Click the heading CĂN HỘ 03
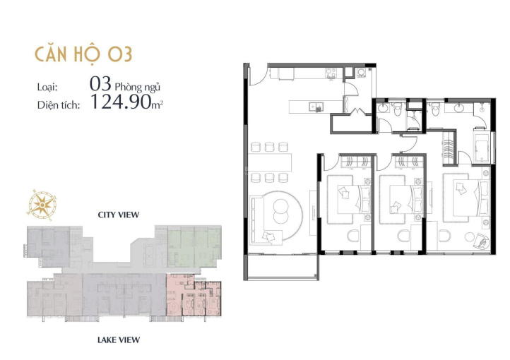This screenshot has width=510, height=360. coord(83,54)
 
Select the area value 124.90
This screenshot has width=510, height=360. coord(121,102)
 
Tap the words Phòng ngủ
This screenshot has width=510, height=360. coord(138,87)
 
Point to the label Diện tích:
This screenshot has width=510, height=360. coord(59,105)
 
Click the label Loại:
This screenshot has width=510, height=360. coord(47,87)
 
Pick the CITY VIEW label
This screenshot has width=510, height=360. coord(119,215)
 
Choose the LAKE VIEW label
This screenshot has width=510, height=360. coord(119,340)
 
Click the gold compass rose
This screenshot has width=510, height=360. coord(42,205)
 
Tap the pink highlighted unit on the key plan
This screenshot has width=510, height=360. coord(194,294)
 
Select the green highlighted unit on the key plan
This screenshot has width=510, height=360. coord(194,248)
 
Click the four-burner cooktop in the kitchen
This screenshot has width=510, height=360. coord(331,73)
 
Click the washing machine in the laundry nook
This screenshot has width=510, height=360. coord(362,73)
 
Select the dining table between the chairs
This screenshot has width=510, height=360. coord(270,162)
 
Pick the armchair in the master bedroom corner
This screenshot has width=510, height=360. coord(480,241)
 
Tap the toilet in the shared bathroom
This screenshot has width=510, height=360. coord(397,109)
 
